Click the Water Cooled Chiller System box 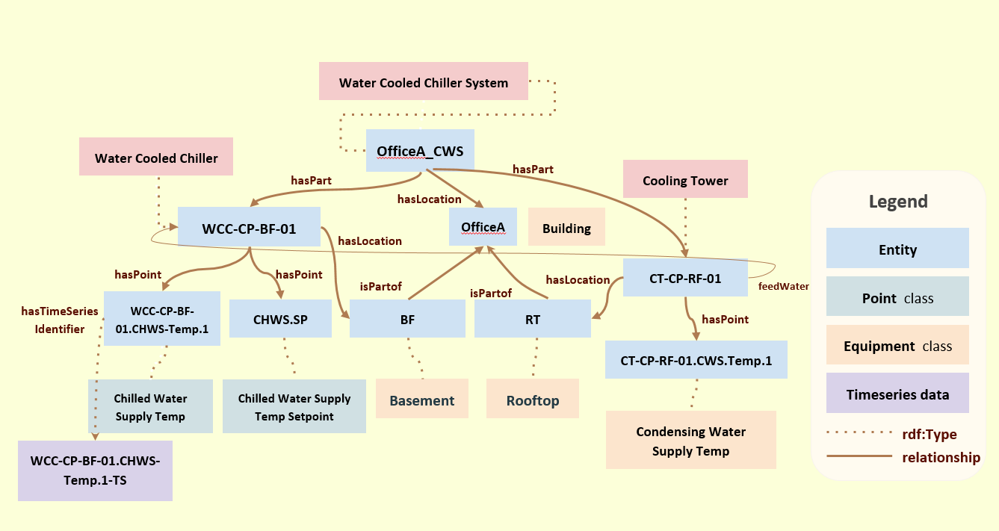pyautogui.click(x=424, y=81)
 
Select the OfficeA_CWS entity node pyautogui.click(x=420, y=151)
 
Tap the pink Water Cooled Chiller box pyautogui.click(x=156, y=158)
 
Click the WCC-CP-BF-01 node pyautogui.click(x=249, y=228)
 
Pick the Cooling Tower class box pyautogui.click(x=685, y=179)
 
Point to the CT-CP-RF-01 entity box pyautogui.click(x=685, y=278)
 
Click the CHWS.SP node pyautogui.click(x=280, y=319)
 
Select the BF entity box pyautogui.click(x=407, y=319)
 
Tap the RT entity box pyautogui.click(x=533, y=319)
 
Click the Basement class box pyautogui.click(x=422, y=400)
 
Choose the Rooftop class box pyautogui.click(x=533, y=400)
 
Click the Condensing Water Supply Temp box pyautogui.click(x=690, y=441)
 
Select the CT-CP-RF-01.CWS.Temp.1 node pyautogui.click(x=696, y=361)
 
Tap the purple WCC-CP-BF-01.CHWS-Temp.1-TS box pyautogui.click(x=95, y=471)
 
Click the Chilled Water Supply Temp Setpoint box pyautogui.click(x=294, y=407)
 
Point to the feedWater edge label pyautogui.click(x=783, y=285)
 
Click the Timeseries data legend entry pyautogui.click(x=897, y=394)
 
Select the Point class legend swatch pyautogui.click(x=897, y=297)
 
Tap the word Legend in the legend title pyautogui.click(x=897, y=201)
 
